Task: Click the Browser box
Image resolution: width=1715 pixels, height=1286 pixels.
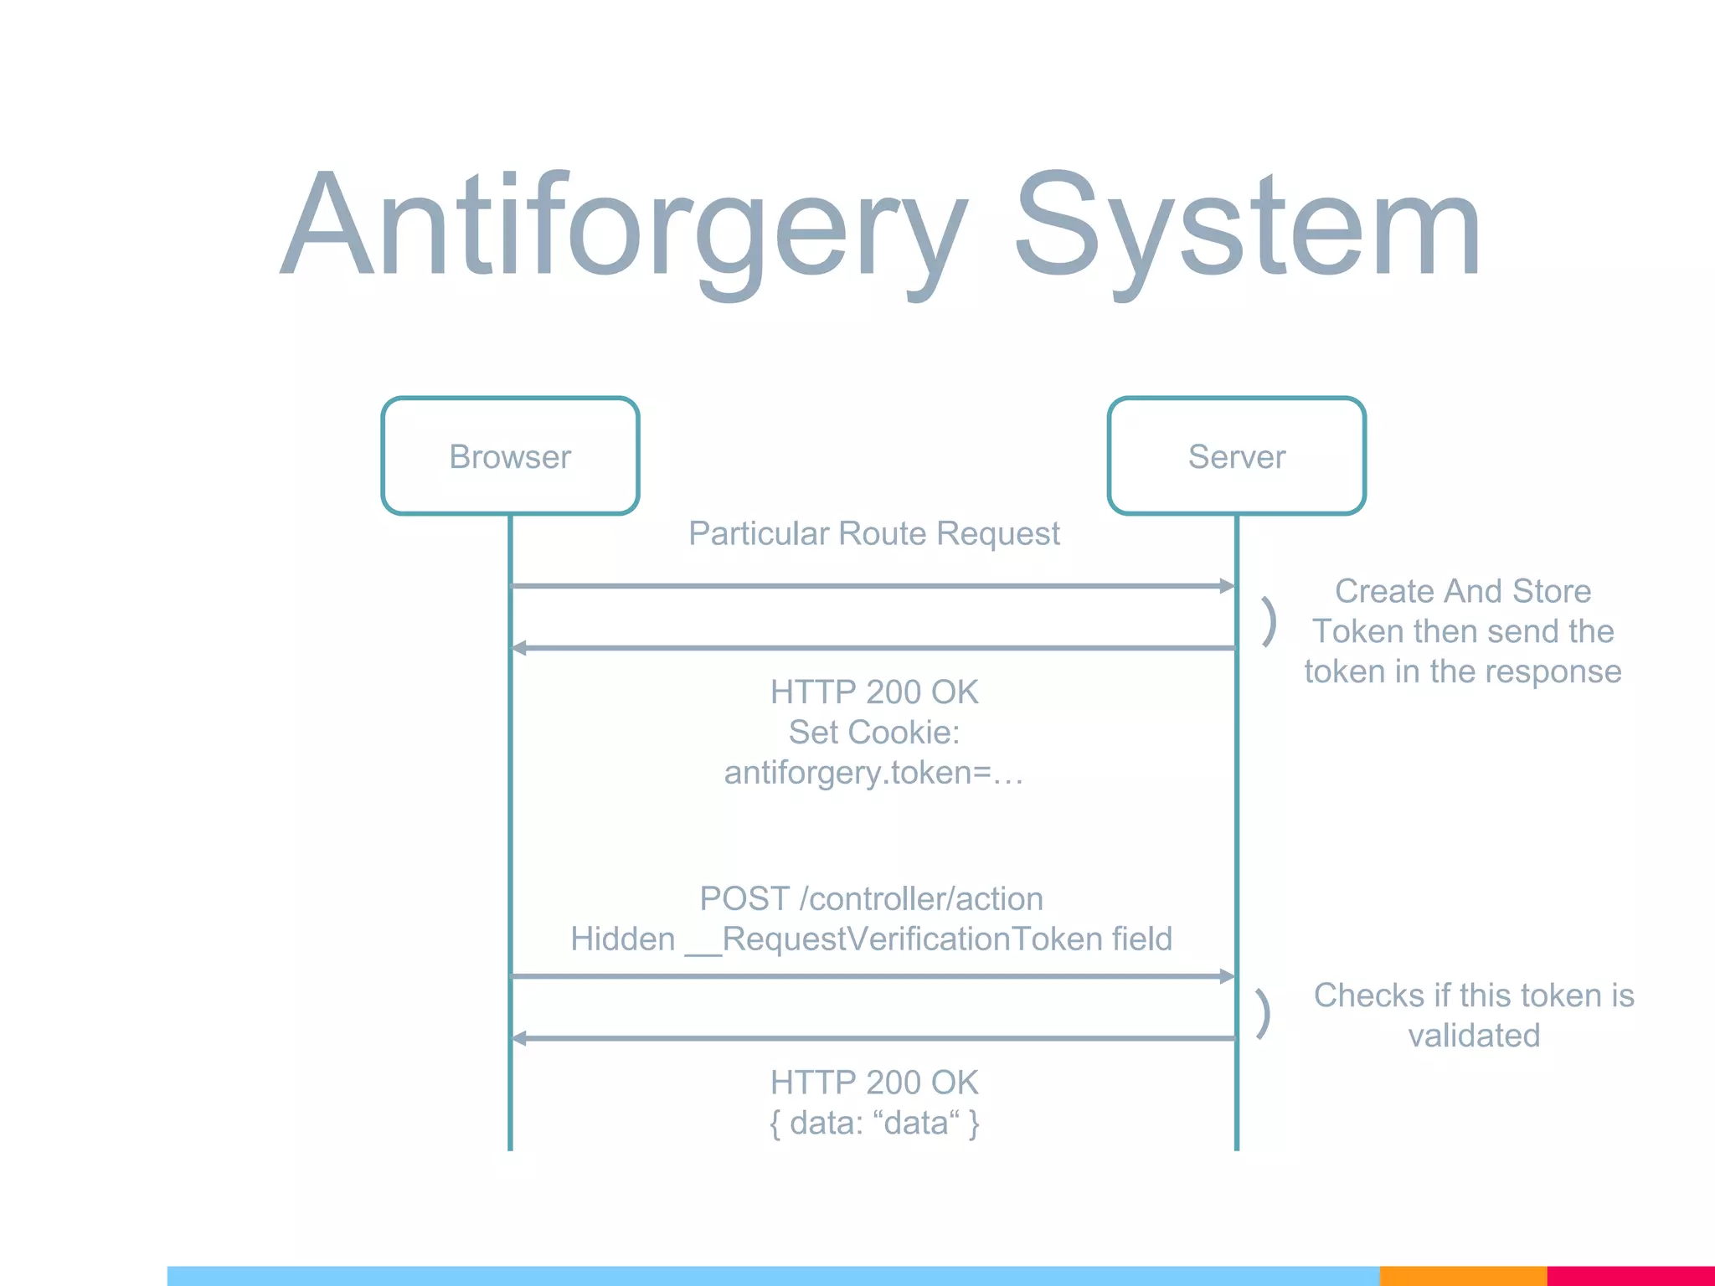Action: tap(510, 456)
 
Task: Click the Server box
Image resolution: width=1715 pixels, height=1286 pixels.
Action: tap(1236, 456)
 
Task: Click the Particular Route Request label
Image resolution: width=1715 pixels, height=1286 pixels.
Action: tap(873, 533)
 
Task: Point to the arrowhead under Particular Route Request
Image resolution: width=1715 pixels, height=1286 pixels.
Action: tap(1227, 586)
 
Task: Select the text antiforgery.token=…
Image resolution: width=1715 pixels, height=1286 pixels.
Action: tap(873, 772)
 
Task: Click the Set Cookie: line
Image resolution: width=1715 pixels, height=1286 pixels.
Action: tap(873, 733)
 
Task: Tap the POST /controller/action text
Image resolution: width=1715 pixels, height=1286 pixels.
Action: tap(871, 898)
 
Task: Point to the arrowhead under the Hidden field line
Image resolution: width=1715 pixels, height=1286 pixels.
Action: tap(1227, 976)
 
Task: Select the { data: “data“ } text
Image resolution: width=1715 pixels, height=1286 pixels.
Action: tap(873, 1123)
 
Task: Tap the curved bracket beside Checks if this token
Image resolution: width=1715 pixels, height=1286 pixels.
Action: tap(1264, 1013)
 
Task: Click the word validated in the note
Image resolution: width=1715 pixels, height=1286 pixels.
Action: tap(1474, 1036)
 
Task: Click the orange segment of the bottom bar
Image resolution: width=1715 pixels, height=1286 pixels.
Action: tap(1462, 1276)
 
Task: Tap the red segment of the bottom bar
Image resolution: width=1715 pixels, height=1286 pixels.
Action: tap(1630, 1276)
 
